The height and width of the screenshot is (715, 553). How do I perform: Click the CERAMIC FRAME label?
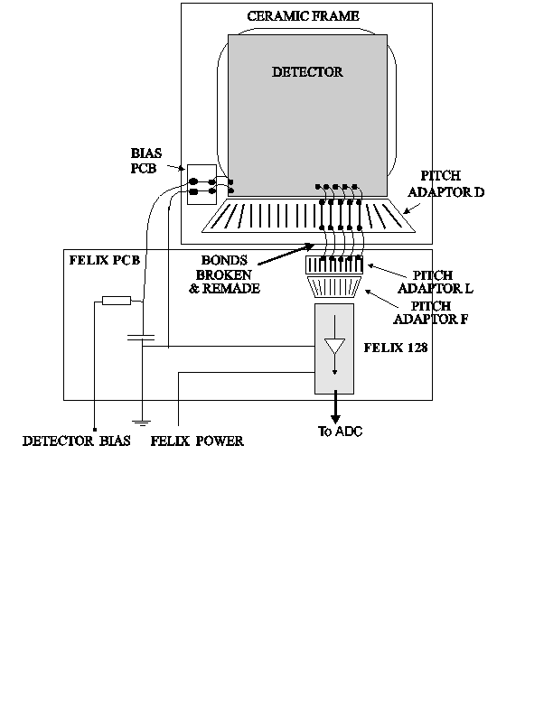pos(303,16)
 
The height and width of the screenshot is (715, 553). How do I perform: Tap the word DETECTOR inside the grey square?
pos(307,72)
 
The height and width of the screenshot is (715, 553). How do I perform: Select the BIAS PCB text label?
pos(145,161)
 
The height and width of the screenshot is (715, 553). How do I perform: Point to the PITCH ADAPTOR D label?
pos(445,184)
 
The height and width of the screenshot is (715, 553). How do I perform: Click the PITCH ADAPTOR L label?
pos(436,282)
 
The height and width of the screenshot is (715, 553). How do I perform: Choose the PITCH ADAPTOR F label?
pos(431,312)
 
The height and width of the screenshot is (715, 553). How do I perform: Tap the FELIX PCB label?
pos(105,260)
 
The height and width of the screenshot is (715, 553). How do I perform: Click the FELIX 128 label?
pos(396,348)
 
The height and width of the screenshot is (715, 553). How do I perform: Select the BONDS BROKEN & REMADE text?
pos(224,274)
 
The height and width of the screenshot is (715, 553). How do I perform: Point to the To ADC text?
pos(340,432)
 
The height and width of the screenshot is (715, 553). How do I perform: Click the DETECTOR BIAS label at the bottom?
pos(77,441)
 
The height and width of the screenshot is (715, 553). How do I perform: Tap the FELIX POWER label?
pos(197,441)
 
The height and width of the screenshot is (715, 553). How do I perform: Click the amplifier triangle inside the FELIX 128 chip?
pos(334,346)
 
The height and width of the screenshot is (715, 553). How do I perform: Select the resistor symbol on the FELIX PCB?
pos(117,301)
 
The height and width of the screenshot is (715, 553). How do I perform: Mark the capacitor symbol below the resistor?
pos(141,338)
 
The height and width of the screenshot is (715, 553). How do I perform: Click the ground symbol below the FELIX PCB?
pos(142,422)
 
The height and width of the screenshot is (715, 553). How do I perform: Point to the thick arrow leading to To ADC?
pos(335,407)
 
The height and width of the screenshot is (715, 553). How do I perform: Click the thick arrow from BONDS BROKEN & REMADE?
pos(286,255)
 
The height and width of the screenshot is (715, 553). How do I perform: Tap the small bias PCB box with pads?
pos(202,185)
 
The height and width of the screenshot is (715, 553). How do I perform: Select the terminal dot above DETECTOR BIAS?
pos(95,430)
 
